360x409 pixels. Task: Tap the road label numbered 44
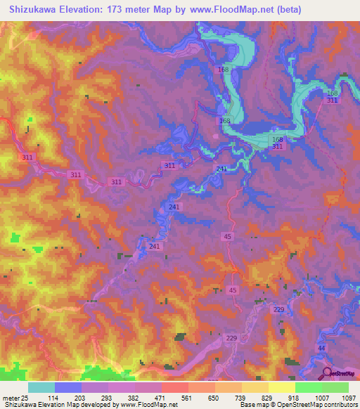click(x=321, y=349)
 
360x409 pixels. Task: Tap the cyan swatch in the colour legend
click(x=41, y=387)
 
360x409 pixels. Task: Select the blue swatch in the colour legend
click(x=68, y=387)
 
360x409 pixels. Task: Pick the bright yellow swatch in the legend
click(x=281, y=387)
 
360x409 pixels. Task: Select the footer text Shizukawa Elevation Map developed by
click(x=60, y=405)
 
